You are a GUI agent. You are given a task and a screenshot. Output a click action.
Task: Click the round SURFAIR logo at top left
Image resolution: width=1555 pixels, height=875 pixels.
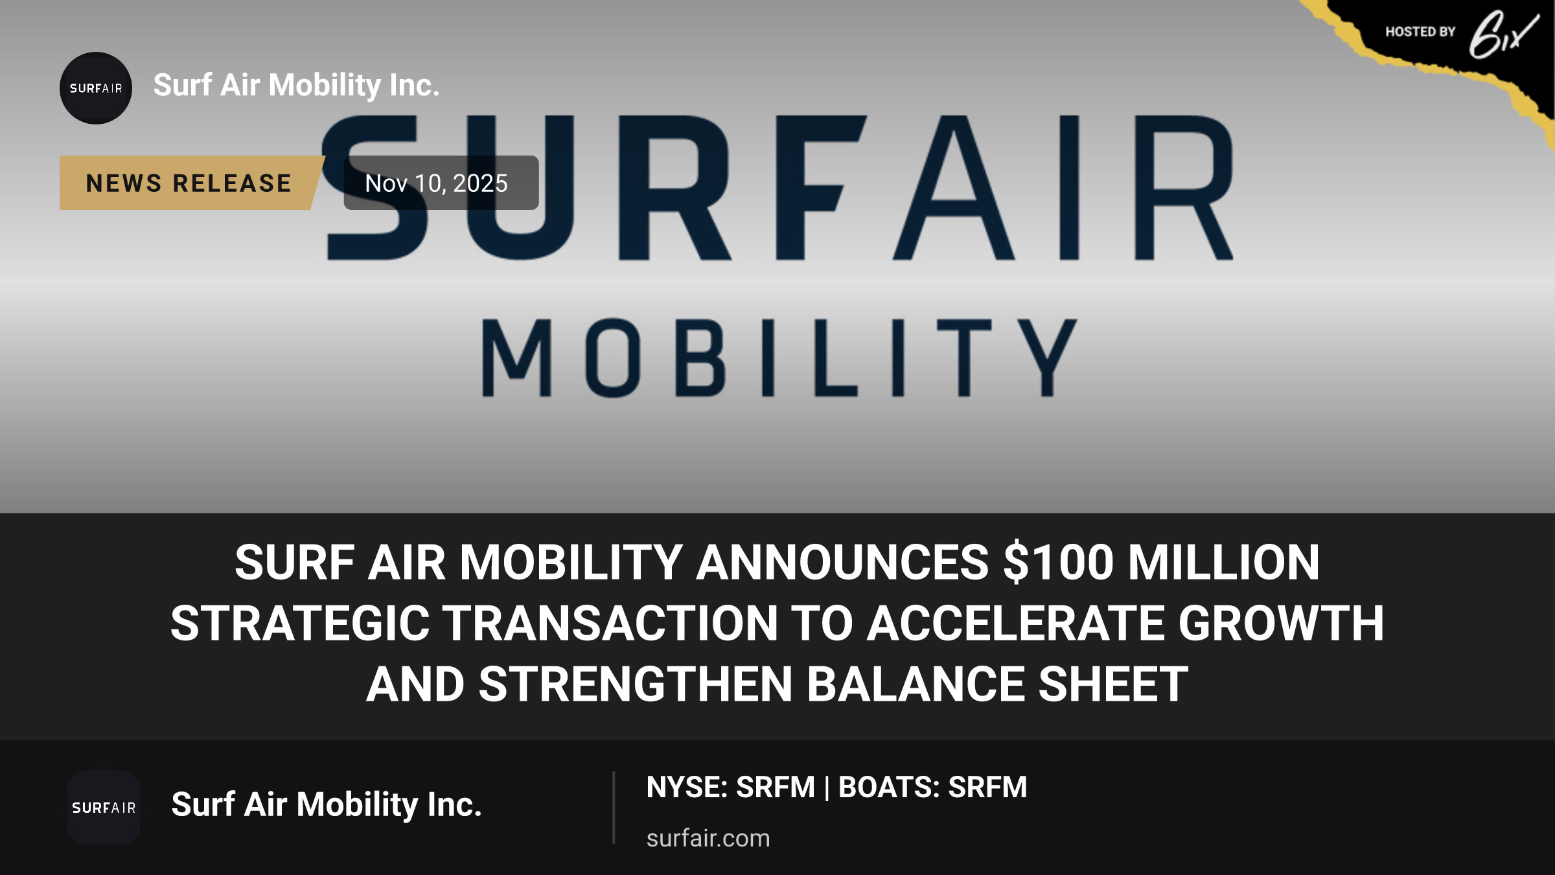point(96,88)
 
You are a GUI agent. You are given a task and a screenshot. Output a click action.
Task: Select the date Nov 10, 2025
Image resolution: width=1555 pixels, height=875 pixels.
point(436,183)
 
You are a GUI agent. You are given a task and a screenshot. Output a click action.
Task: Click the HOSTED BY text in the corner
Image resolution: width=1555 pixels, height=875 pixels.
point(1420,32)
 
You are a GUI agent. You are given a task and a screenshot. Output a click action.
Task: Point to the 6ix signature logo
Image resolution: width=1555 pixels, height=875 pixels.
point(1503,34)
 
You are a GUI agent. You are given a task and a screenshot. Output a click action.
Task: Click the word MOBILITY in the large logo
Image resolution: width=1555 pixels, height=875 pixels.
point(779,358)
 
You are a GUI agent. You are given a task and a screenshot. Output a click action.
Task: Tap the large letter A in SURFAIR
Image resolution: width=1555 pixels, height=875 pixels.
point(954,188)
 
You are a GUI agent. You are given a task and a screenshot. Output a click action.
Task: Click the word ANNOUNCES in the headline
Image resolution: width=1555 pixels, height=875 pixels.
point(842,562)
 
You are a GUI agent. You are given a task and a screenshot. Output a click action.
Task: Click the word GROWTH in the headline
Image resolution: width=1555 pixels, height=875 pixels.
point(1281,624)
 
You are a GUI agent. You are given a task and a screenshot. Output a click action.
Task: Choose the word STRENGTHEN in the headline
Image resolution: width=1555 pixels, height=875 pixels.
point(636,684)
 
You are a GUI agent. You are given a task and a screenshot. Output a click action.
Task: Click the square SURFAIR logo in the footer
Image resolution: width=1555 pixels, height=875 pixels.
point(104,808)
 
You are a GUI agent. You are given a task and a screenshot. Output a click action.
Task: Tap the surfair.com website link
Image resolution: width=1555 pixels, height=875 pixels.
point(708,838)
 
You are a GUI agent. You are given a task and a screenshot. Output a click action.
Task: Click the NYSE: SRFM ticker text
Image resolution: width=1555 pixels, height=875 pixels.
point(730,787)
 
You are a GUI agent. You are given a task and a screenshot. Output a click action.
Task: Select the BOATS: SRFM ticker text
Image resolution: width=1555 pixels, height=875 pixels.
point(933,787)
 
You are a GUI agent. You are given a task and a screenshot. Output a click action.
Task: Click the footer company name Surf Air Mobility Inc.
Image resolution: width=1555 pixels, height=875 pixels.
point(327,805)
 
